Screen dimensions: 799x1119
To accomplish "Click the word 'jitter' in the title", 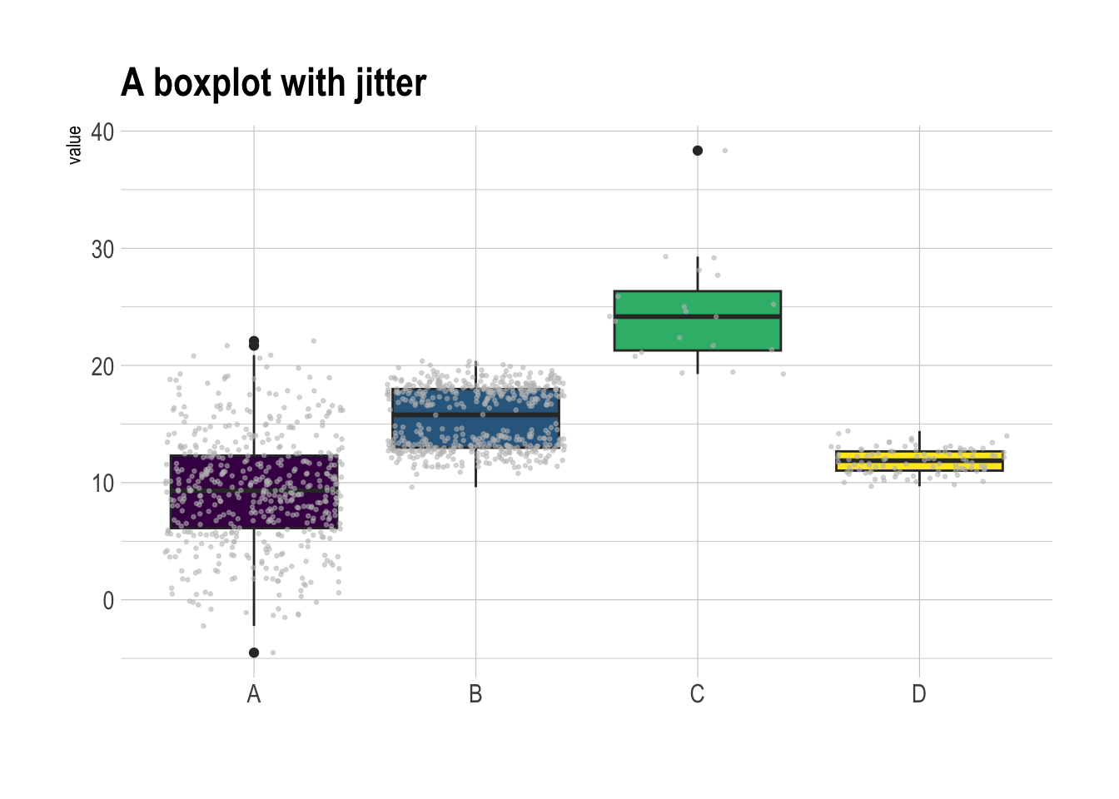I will pyautogui.click(x=390, y=83).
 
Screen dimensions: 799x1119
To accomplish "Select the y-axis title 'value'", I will pyautogui.click(x=75, y=145).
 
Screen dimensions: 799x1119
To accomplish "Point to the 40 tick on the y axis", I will pyautogui.click(x=102, y=132).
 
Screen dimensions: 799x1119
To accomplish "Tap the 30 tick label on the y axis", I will pyautogui.click(x=102, y=249).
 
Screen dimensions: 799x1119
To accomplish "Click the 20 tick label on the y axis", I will pyautogui.click(x=102, y=366).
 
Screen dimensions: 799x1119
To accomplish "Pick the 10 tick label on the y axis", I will pyautogui.click(x=102, y=484).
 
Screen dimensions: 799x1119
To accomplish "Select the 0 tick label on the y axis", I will pyautogui.click(x=108, y=601).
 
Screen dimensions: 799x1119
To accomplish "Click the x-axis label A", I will pyautogui.click(x=254, y=694).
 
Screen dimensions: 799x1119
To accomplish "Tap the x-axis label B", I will pyautogui.click(x=475, y=694).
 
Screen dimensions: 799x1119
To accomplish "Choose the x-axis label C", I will pyautogui.click(x=697, y=694).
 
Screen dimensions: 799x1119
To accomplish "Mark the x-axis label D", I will pyautogui.click(x=918, y=694).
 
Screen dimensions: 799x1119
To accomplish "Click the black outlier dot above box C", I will pyautogui.click(x=698, y=151).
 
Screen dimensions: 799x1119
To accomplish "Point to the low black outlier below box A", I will pyautogui.click(x=254, y=653).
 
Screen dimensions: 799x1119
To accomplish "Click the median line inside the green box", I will pyautogui.click(x=733, y=316).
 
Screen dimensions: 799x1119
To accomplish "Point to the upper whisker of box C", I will pyautogui.click(x=698, y=275).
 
